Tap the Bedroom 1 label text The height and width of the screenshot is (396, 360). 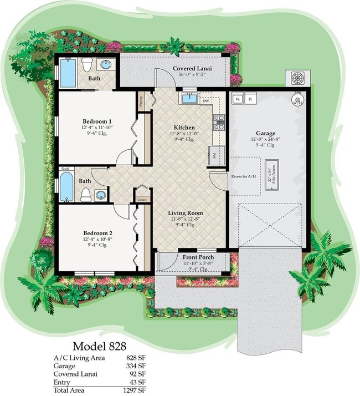(97, 121)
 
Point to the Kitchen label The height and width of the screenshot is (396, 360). (184, 128)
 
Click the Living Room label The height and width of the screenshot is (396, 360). (186, 212)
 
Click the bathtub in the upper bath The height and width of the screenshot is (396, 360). (68, 73)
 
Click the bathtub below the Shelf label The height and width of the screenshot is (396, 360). (66, 187)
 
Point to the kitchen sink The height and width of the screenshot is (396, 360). (189, 99)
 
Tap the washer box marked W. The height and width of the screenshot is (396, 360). (237, 99)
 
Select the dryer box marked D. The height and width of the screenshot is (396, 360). (250, 99)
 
